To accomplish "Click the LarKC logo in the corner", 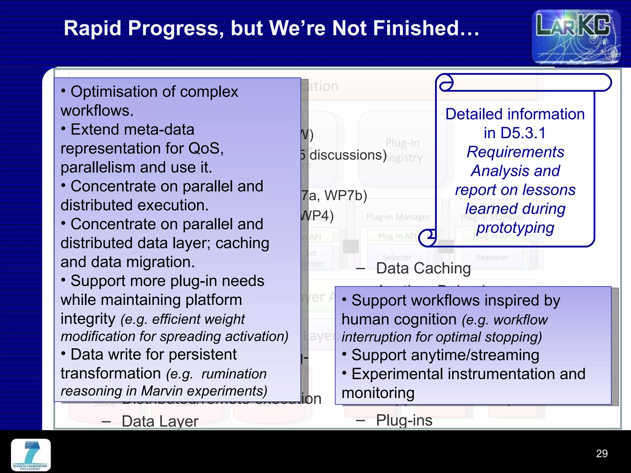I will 576,36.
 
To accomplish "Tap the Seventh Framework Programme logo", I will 31,455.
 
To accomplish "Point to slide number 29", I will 601,453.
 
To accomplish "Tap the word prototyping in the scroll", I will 515,228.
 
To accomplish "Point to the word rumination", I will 234,374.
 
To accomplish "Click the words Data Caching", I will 423,268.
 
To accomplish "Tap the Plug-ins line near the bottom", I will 404,420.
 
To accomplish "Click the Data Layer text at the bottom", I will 160,421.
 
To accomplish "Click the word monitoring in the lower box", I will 378,393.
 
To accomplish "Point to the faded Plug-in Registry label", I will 403,150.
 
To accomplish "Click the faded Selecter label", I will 397,257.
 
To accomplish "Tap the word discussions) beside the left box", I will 348,155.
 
